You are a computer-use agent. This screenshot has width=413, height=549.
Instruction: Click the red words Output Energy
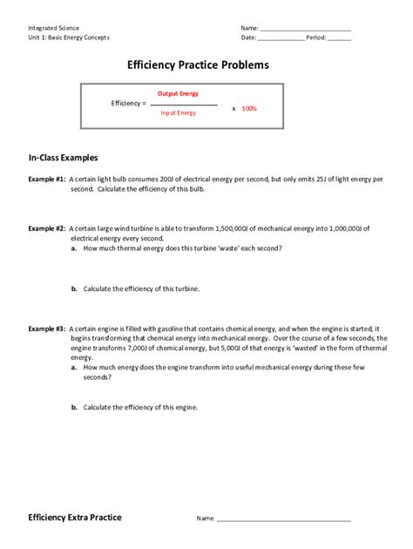coord(178,93)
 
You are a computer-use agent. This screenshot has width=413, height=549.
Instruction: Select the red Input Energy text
coord(178,112)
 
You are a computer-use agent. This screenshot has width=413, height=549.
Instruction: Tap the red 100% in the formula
coord(249,108)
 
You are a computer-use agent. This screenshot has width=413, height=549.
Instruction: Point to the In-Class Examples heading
coord(64,158)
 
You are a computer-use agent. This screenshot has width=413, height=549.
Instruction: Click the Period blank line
coord(339,38)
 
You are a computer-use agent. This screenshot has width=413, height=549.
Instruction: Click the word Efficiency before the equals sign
coord(126,104)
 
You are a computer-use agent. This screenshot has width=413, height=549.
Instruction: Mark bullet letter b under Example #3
coord(75,407)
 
